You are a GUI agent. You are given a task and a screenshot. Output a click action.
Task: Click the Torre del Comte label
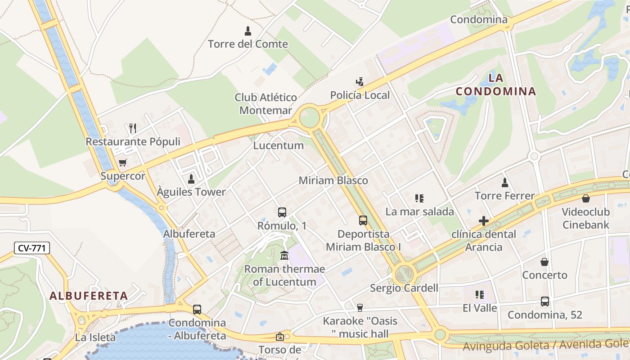248,44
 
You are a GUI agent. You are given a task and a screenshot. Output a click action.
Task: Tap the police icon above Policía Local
360,82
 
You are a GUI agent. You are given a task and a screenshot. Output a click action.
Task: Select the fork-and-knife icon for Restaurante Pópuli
132,128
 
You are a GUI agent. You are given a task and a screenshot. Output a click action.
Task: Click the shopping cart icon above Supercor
122,162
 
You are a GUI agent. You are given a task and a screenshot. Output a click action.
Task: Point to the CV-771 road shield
31,248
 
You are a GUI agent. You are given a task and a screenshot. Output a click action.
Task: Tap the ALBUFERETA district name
89,296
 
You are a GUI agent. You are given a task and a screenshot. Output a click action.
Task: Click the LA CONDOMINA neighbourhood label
496,85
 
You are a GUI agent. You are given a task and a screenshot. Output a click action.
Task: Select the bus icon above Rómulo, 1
282,212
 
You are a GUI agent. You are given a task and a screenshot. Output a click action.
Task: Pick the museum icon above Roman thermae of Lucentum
284,256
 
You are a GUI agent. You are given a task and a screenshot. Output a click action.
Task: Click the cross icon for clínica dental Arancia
484,221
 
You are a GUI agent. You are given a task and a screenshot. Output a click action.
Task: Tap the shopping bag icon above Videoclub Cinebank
586,198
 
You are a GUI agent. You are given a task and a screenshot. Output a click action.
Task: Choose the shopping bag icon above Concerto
544,262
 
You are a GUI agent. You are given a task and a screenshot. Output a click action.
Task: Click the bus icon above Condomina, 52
544,301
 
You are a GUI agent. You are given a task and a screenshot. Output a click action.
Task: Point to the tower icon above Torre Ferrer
505,183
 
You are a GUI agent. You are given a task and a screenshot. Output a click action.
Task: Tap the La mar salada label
420,211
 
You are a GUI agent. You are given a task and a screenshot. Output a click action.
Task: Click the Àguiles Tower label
191,192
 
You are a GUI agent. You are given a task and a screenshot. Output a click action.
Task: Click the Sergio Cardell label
404,288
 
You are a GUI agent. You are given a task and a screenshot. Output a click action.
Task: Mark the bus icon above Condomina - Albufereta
197,310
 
